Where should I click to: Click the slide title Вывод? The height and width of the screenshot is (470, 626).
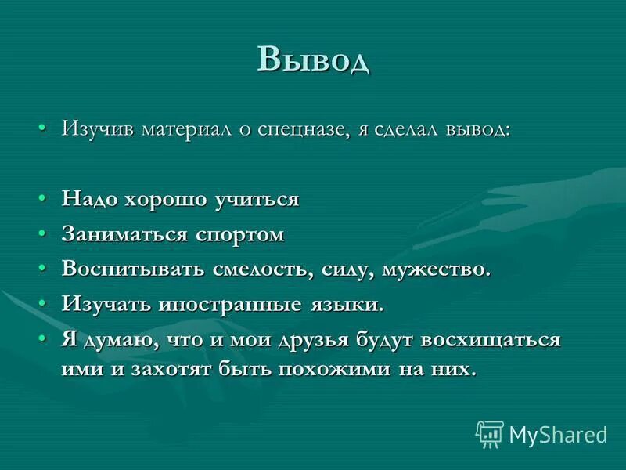313,59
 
